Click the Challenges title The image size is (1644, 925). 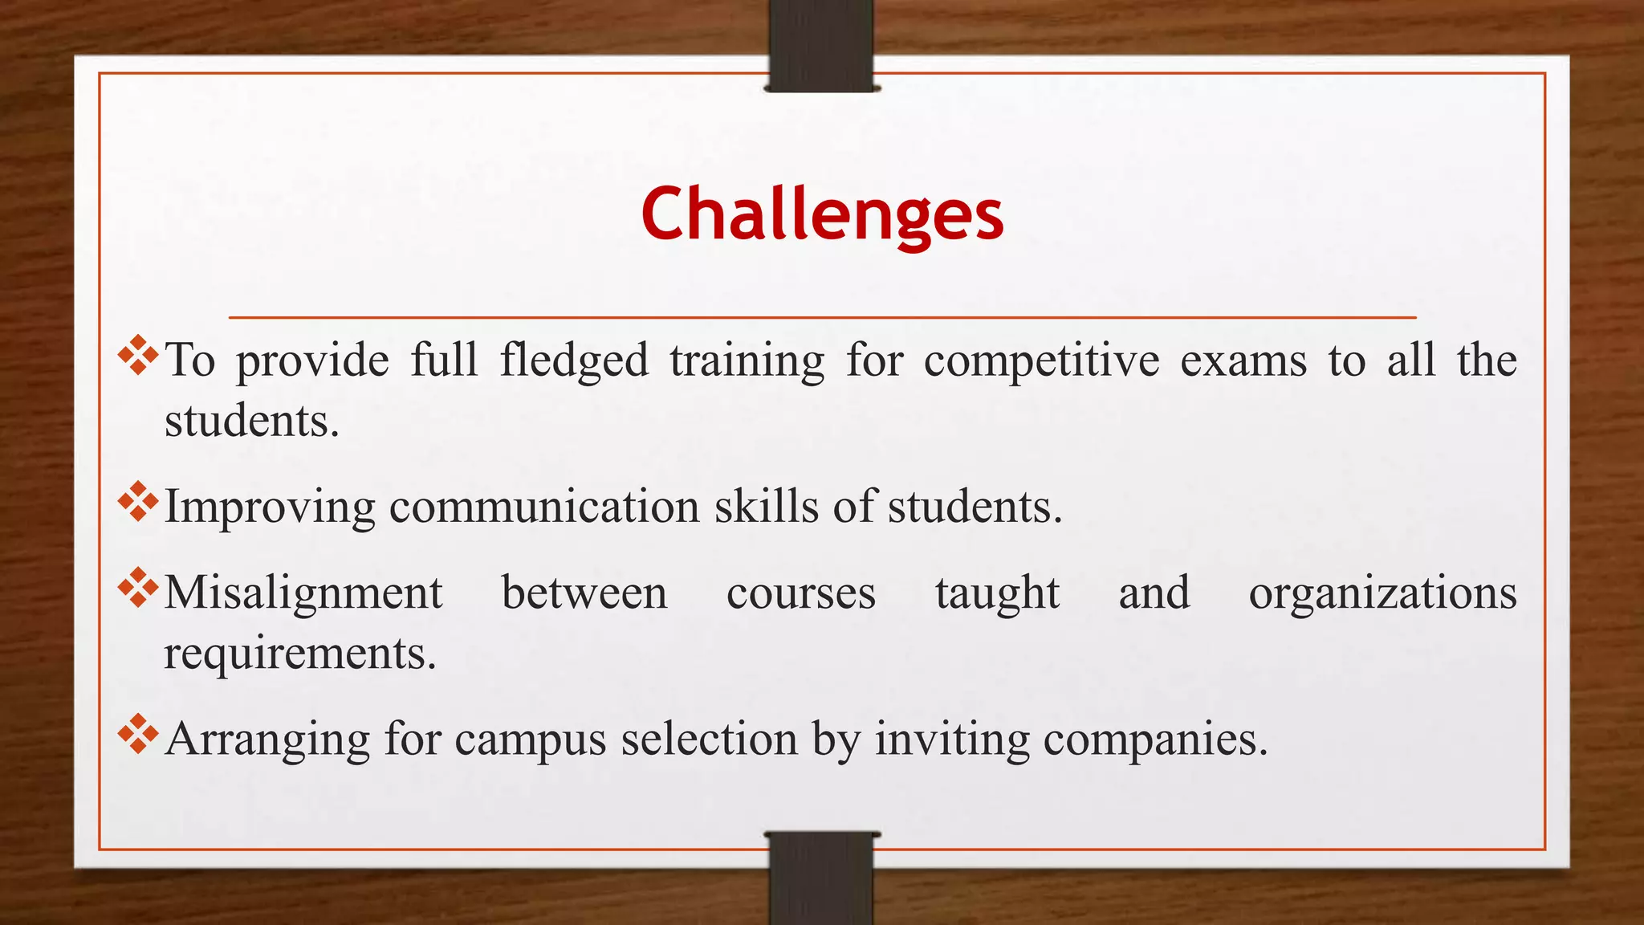pyautogui.click(x=822, y=214)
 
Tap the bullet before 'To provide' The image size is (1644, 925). pyautogui.click(x=138, y=355)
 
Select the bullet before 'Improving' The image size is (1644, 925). pyautogui.click(x=138, y=501)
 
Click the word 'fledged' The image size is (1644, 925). pyautogui.click(x=574, y=361)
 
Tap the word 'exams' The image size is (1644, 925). pyautogui.click(x=1243, y=361)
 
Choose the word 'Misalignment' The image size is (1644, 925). pyautogui.click(x=303, y=593)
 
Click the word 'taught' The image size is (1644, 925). pyautogui.click(x=997, y=593)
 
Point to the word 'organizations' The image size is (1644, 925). pyautogui.click(x=1382, y=593)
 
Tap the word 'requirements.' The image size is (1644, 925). pyautogui.click(x=300, y=654)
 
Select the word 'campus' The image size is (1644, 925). pyautogui.click(x=530, y=740)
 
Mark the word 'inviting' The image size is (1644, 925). pyautogui.click(x=952, y=740)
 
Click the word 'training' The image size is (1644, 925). pyautogui.click(x=747, y=361)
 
